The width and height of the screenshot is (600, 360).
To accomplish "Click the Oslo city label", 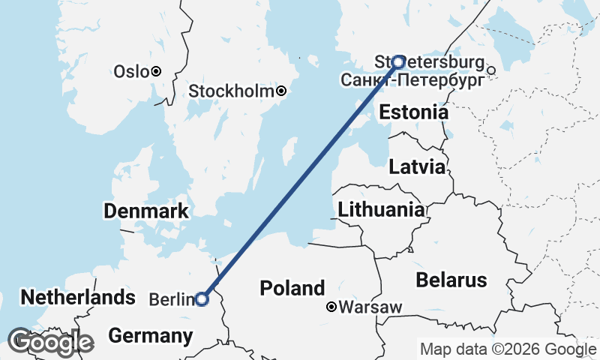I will coord(131,72).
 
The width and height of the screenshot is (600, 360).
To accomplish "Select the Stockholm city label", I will coord(231,91).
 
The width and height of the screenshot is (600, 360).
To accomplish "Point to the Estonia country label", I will coord(413,112).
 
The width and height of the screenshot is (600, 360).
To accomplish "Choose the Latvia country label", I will coord(417,167).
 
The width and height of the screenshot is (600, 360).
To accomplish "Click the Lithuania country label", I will coord(381,209).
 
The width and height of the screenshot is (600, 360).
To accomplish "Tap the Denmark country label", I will coord(146,211).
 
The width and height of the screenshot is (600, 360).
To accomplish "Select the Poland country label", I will coord(292,288).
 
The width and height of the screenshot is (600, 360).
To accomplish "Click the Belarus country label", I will coord(451,280).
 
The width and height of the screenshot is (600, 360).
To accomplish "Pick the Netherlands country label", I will coord(78,298).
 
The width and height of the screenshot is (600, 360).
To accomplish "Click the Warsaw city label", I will coord(370,307).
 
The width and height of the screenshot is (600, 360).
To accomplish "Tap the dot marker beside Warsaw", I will coord(331,307).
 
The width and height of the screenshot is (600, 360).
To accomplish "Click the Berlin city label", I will coord(172,299).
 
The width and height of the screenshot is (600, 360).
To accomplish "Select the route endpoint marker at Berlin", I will coord(202,298).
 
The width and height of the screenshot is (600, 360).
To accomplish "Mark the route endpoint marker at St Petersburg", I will coord(399,61).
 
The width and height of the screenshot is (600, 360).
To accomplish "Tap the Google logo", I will coord(50,342).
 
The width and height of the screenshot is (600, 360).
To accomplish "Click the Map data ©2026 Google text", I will coord(508,349).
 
